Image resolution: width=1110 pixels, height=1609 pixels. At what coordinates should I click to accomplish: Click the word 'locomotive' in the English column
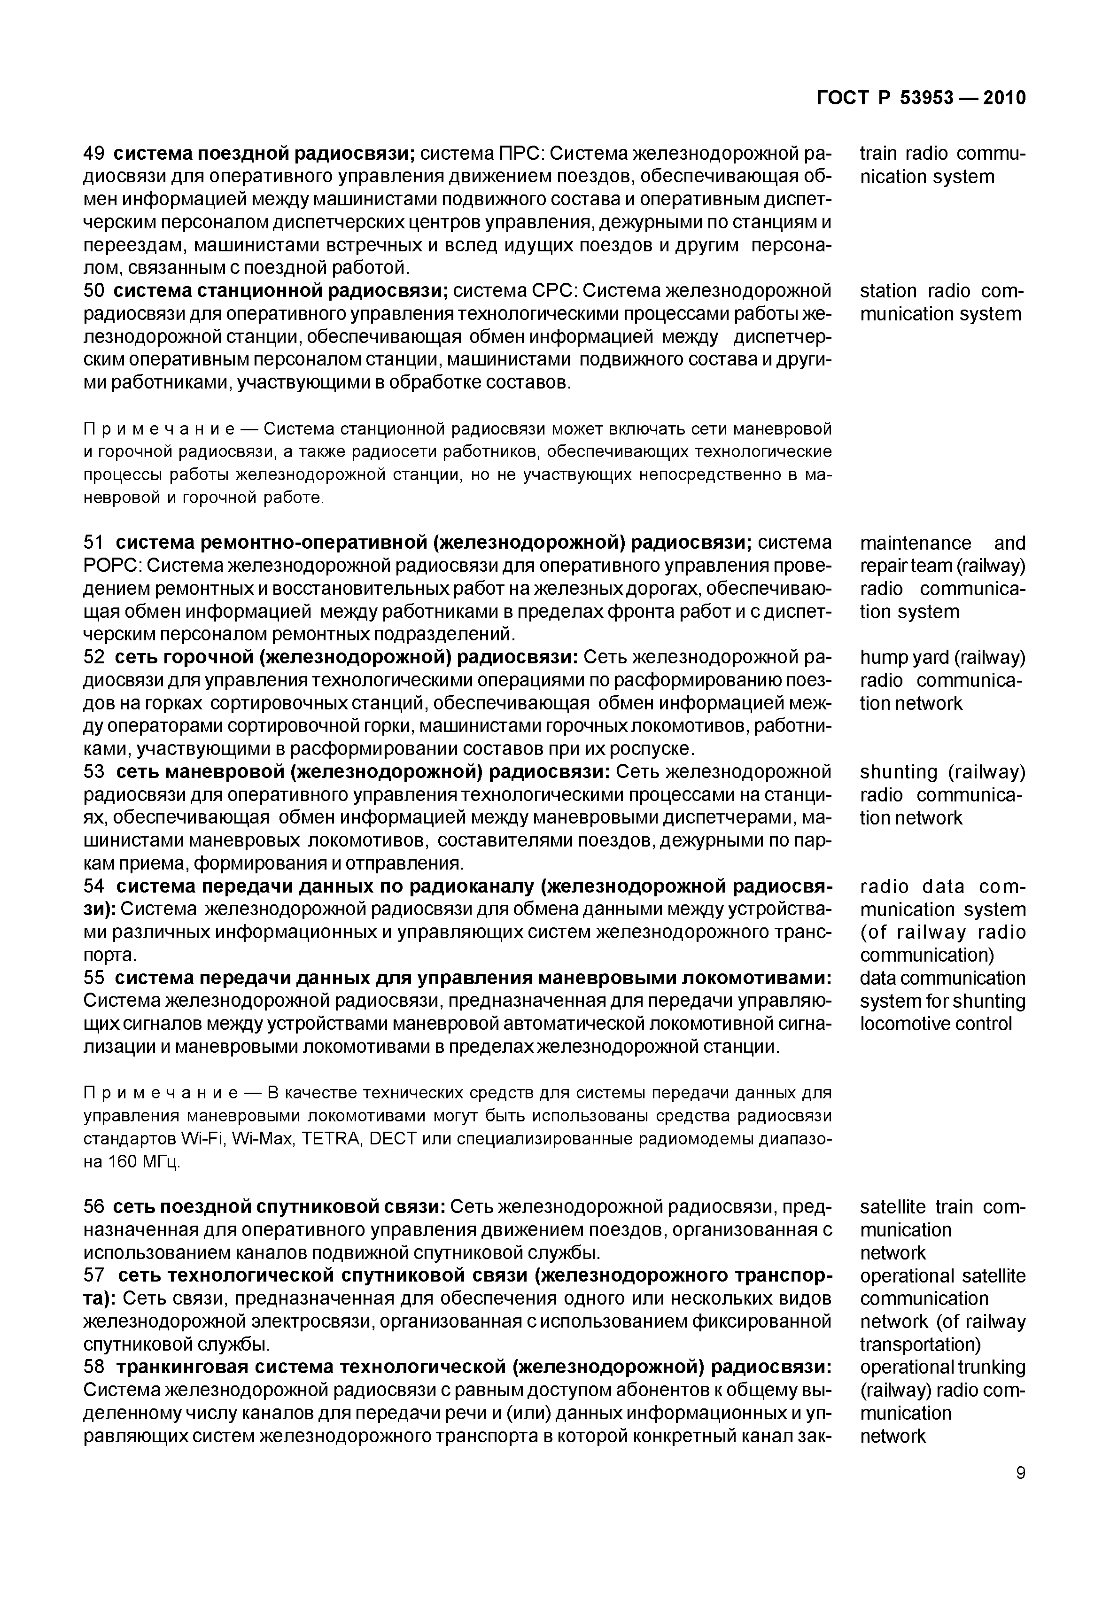[x=902, y=1024]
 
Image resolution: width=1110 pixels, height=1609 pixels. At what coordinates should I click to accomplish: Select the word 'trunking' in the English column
[x=992, y=1367]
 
